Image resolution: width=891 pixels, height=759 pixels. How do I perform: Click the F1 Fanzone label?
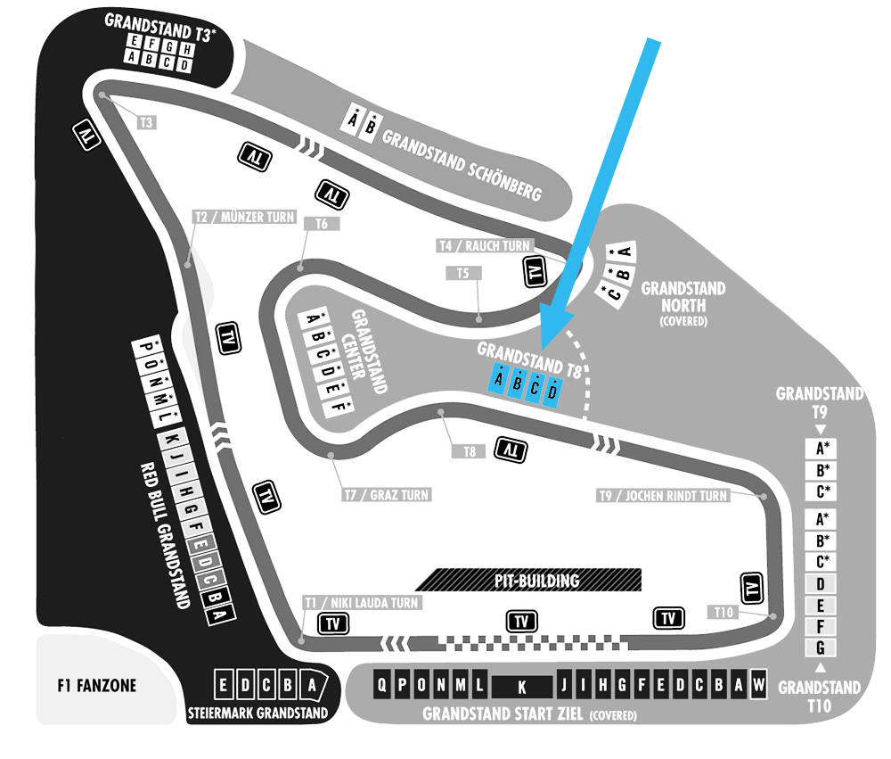[96, 685]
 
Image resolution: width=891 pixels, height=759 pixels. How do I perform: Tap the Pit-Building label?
[536, 581]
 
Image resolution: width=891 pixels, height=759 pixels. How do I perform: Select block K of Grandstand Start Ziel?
[521, 687]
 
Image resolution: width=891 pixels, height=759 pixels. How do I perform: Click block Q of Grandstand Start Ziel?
[382, 684]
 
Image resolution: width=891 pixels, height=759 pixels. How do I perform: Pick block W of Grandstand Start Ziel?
[758, 684]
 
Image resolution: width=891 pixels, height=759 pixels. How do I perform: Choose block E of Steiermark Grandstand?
[224, 685]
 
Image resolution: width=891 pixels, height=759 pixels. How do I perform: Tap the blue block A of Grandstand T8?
[498, 378]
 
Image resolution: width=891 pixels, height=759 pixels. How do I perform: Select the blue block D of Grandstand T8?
[552, 392]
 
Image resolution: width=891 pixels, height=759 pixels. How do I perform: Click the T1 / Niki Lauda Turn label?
[362, 603]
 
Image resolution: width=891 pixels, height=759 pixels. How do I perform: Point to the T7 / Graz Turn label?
[387, 495]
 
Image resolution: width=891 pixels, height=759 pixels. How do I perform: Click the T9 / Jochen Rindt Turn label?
[663, 496]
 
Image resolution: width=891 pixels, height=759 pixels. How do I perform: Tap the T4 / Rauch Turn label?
[485, 246]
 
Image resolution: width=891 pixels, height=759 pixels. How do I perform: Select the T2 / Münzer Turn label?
[245, 217]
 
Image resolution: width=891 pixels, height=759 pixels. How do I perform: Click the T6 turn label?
[322, 224]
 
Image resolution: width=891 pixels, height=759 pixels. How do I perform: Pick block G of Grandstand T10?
[820, 648]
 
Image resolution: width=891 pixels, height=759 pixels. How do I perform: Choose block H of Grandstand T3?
[186, 50]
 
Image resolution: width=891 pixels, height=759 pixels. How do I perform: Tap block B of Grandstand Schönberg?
[370, 126]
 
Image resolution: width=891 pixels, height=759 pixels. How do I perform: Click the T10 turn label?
[723, 612]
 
